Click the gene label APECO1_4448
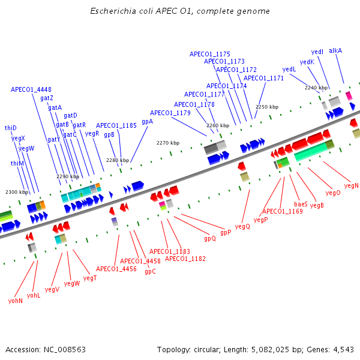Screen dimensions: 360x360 tap(31, 89)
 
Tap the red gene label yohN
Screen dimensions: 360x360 tap(16, 301)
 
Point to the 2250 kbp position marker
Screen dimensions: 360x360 tap(267, 107)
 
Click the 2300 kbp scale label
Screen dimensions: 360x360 tap(17, 192)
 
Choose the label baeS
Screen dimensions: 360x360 tap(301, 204)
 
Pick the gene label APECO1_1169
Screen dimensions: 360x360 tap(282, 211)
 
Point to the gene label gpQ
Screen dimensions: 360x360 tap(210, 238)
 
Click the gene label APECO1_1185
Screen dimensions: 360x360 tap(116, 125)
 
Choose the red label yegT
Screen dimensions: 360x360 tap(90, 278)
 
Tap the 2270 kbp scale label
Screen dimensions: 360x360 tap(168, 143)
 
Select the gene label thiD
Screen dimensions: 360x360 tap(11, 128)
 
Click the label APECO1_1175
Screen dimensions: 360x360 tap(210, 54)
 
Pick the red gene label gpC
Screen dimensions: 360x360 tap(150, 271)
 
